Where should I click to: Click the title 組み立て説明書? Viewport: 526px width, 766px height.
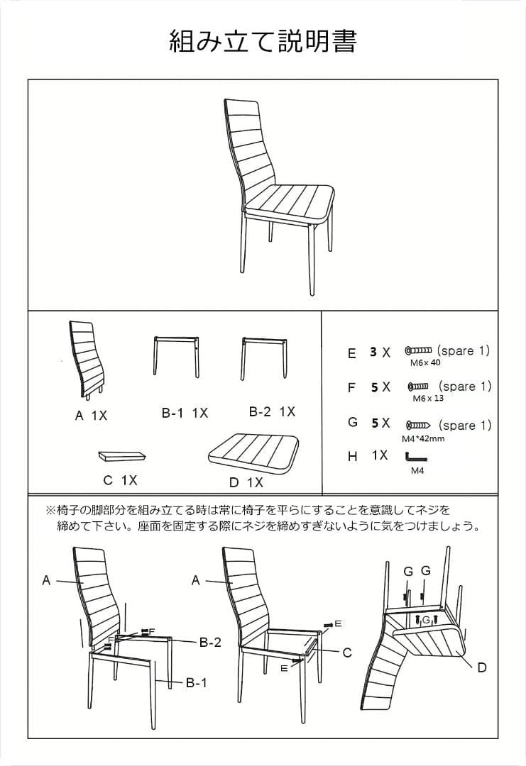[x=263, y=41]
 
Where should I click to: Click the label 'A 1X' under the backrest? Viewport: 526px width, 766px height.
[x=91, y=416]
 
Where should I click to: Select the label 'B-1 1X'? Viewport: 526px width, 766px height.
[x=185, y=413]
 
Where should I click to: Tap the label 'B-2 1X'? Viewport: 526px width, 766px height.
[x=272, y=411]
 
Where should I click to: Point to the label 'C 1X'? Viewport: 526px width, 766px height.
[x=119, y=480]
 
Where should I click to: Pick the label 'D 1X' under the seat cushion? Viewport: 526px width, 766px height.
[x=246, y=482]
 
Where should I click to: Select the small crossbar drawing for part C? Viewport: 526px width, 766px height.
[x=121, y=454]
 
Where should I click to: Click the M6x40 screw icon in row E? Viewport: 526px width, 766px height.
[x=418, y=350]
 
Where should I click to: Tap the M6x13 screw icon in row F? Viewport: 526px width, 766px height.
[x=418, y=387]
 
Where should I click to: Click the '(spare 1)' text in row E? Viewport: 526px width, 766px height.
[x=464, y=350]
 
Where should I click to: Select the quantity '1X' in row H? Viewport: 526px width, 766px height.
[x=380, y=455]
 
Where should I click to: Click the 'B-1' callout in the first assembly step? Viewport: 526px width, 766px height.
[x=196, y=683]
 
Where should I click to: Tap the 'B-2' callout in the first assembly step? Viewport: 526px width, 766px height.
[x=210, y=643]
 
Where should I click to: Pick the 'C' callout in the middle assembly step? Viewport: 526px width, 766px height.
[x=347, y=653]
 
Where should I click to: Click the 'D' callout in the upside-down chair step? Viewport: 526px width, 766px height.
[x=482, y=667]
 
